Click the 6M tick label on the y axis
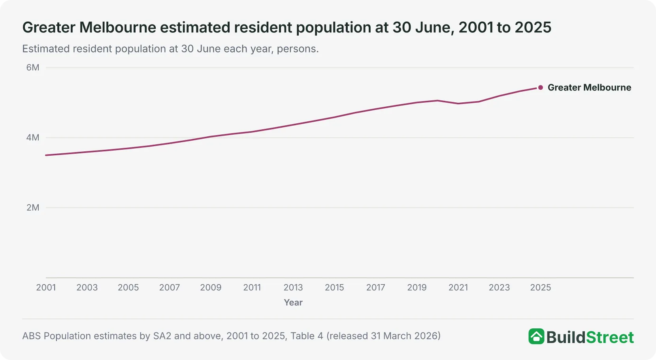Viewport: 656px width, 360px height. click(33, 68)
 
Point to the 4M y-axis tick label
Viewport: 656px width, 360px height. click(33, 138)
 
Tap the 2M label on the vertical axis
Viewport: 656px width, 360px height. click(33, 207)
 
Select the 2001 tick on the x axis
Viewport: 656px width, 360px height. click(46, 287)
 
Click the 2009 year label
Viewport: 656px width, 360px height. click(211, 287)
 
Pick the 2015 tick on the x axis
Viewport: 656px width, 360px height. click(334, 287)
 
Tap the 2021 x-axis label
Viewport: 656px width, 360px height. click(458, 287)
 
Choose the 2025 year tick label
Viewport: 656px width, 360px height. click(541, 287)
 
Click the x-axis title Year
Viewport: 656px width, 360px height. click(293, 303)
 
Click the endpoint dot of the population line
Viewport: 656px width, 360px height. click(541, 88)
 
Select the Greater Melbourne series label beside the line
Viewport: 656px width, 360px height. click(589, 88)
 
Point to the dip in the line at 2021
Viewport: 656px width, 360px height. click(458, 104)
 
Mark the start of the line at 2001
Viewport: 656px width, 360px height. click(46, 155)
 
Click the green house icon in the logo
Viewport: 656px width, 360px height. click(537, 336)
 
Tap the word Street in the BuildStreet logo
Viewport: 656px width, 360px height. click(610, 337)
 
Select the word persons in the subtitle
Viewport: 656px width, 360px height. click(298, 49)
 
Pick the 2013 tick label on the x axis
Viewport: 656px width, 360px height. click(293, 287)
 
